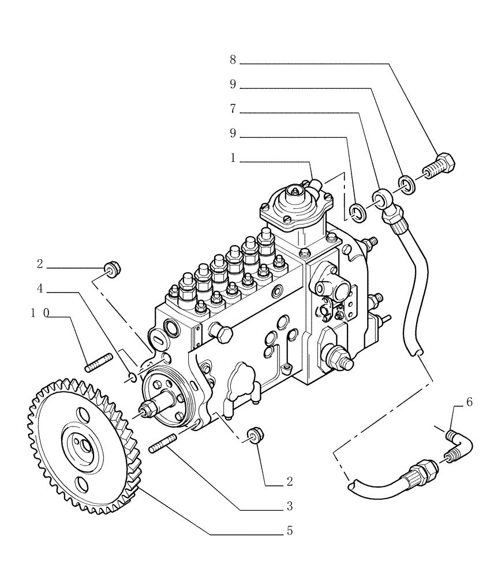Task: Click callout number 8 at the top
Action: (233, 59)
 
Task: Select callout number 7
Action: (233, 109)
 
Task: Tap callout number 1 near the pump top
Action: (233, 158)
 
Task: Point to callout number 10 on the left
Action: (40, 313)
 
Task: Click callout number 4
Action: (40, 288)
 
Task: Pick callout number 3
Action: (289, 506)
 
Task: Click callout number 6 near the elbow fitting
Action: (469, 402)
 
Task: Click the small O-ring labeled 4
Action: (132, 378)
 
